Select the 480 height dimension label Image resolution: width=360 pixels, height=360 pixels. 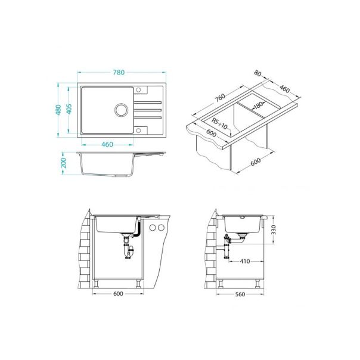59,110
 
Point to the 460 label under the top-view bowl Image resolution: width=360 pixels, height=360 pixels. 107,145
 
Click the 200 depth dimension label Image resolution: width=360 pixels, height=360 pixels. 64,163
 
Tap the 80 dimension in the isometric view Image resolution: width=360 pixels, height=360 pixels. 257,75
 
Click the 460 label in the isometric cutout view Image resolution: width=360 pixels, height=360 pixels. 284,90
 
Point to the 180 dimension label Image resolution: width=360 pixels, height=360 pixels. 258,105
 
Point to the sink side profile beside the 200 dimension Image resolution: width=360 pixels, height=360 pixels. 113,164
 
